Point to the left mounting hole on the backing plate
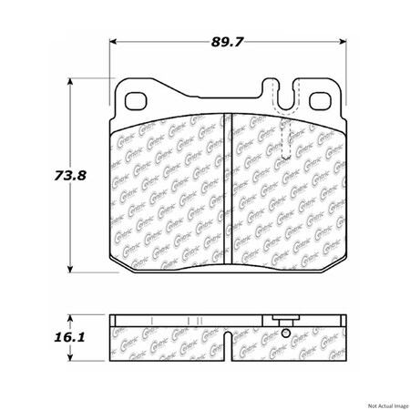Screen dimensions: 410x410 click(137, 102)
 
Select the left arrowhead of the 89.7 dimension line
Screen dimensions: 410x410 click(113, 43)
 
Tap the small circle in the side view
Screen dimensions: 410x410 click(286, 333)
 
